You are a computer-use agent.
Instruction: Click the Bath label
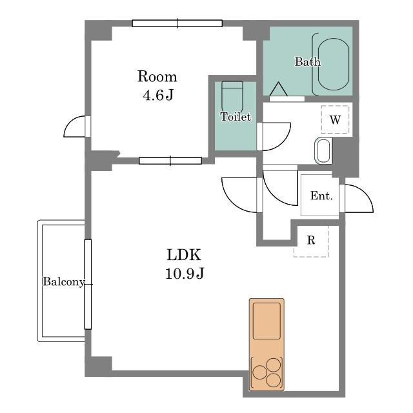click(x=308, y=62)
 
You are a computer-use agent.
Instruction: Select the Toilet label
click(x=236, y=117)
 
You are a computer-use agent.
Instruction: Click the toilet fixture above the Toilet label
click(x=232, y=96)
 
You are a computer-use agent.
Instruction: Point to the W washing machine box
click(x=335, y=119)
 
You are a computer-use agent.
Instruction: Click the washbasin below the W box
click(x=324, y=150)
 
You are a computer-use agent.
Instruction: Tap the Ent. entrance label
click(x=321, y=196)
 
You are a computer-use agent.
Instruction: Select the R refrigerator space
click(x=311, y=241)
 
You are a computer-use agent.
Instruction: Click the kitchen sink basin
click(x=267, y=321)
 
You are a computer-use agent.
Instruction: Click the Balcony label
click(x=64, y=281)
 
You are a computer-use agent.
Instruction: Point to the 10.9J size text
click(x=185, y=273)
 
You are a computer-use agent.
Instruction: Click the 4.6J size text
click(x=158, y=95)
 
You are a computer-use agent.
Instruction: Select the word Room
click(x=157, y=76)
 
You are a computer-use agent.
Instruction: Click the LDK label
click(x=184, y=255)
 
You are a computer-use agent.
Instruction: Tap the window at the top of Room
click(x=177, y=23)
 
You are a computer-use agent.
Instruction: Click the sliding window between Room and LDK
click(x=170, y=161)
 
